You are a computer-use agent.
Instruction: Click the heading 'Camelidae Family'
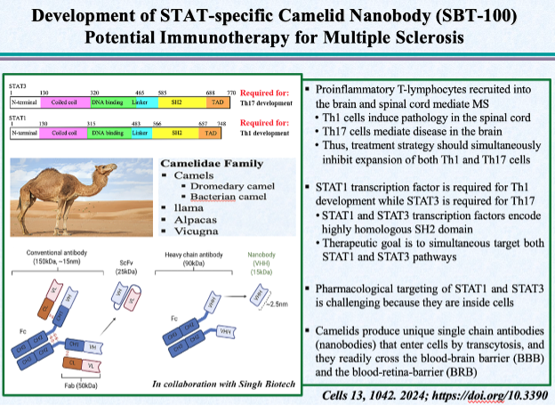pyautogui.click(x=206, y=165)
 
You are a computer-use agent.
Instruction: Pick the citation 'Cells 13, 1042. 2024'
pyautogui.click(x=385, y=394)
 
